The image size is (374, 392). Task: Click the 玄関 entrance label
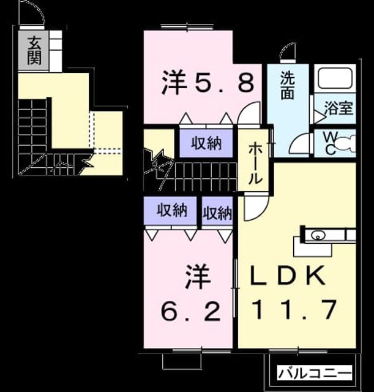(x=34, y=50)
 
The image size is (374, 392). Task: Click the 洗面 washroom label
(x=287, y=85)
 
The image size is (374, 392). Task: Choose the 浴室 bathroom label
(x=338, y=108)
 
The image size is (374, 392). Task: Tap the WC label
(x=331, y=143)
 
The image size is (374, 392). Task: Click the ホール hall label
(x=255, y=164)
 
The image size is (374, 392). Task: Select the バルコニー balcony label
(x=315, y=374)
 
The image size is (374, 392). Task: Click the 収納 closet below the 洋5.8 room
(x=206, y=143)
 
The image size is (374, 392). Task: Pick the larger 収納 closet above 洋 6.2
(x=172, y=210)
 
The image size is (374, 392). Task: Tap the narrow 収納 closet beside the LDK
(x=217, y=213)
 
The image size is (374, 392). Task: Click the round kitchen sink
(x=317, y=235)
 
